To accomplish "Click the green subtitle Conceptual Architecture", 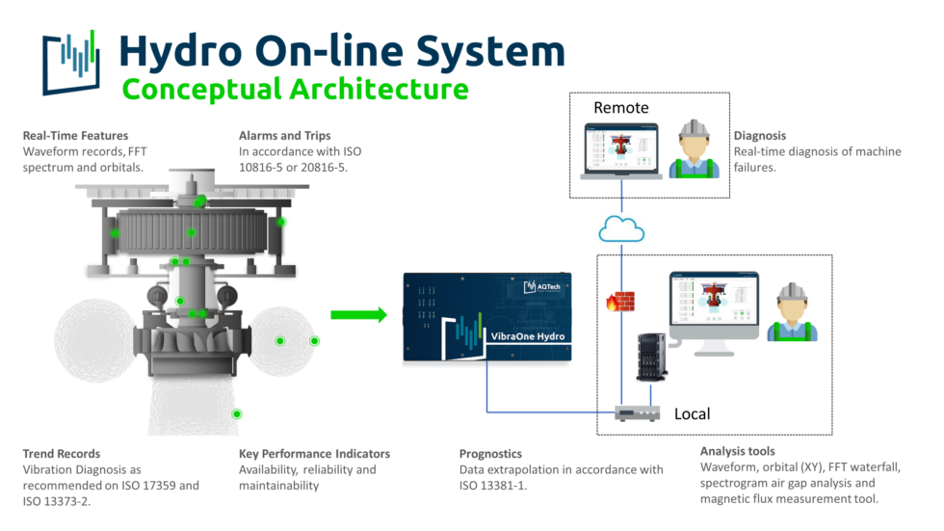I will [295, 90].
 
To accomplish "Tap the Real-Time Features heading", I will [75, 136].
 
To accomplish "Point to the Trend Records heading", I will [62, 453].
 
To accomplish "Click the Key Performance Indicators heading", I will [314, 453].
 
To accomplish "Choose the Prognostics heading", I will [490, 453].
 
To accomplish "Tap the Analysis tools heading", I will [737, 451].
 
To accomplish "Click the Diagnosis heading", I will [760, 136].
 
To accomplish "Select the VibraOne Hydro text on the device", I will [528, 336].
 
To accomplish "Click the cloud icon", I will [621, 229].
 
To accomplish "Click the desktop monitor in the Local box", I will [713, 304].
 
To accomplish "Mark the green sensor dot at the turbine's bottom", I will [237, 413].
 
